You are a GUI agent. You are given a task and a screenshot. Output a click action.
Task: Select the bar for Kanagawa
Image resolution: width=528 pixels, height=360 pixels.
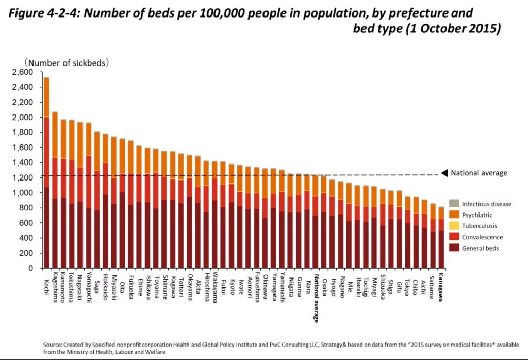click(441, 242)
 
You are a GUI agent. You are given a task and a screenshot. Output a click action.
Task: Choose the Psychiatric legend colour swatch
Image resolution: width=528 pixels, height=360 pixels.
click(454, 215)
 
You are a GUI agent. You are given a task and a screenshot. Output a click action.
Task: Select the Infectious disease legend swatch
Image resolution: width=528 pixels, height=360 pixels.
click(454, 204)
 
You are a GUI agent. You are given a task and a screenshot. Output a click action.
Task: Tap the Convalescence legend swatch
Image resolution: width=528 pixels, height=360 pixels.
click(454, 237)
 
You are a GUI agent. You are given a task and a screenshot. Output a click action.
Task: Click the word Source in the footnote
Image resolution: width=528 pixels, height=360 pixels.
click(53, 344)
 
